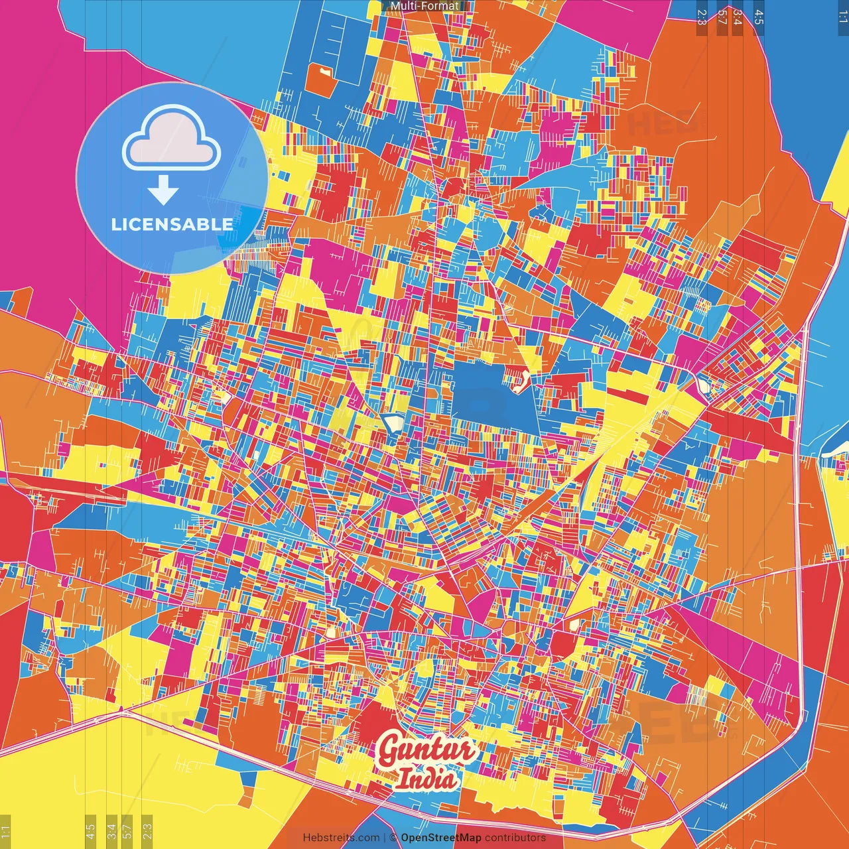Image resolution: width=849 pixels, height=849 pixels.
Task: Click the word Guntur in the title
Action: click(x=426, y=750)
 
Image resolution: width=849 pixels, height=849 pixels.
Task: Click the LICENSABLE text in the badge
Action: click(x=172, y=224)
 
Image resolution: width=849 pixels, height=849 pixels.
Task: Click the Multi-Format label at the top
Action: click(x=424, y=6)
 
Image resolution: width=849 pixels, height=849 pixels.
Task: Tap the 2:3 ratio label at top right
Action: click(x=702, y=17)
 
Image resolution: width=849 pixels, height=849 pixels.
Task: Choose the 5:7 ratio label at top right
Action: click(x=722, y=17)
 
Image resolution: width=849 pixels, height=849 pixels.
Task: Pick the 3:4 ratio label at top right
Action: click(x=737, y=17)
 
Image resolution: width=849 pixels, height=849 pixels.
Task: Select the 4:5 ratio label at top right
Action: click(x=758, y=17)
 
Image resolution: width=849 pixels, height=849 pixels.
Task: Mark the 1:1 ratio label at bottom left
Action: click(x=6, y=832)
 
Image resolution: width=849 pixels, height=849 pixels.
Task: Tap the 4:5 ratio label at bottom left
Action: click(x=91, y=832)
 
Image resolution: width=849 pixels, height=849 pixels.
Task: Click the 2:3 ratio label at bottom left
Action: click(x=147, y=832)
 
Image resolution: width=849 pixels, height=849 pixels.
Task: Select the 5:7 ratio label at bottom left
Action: click(x=127, y=832)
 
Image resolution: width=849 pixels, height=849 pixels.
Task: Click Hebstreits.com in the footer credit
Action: click(x=341, y=838)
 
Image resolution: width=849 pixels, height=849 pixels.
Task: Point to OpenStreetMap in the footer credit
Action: click(x=441, y=838)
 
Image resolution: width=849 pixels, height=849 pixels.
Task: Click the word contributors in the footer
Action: click(x=515, y=838)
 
